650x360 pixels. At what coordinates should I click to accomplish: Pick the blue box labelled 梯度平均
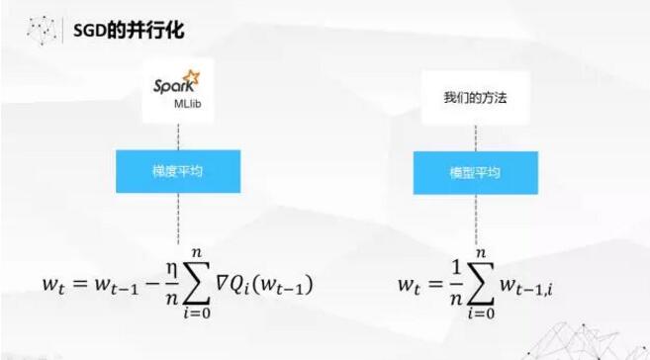[178, 170]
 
